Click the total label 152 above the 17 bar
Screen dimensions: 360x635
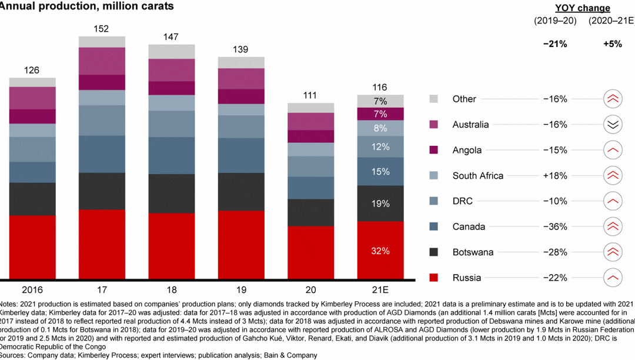(x=102, y=28)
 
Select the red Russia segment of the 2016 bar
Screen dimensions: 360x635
(x=32, y=246)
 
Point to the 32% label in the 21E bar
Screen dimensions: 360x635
(x=380, y=251)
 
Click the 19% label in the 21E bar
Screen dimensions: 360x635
(x=380, y=204)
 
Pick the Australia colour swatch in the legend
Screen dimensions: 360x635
(x=434, y=125)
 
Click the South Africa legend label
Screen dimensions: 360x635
(x=477, y=175)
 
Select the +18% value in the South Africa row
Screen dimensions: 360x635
(x=554, y=175)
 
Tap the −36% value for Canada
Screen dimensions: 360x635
(x=554, y=226)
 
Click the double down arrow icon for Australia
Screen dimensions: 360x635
(x=613, y=125)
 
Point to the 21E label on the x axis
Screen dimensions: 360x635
(x=380, y=290)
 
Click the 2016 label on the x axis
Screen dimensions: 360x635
(x=32, y=290)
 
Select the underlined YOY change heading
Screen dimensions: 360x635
(x=583, y=8)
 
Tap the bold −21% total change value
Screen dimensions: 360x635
(x=554, y=44)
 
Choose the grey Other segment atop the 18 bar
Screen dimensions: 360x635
(x=171, y=51)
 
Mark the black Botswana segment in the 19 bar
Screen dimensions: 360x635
(x=241, y=191)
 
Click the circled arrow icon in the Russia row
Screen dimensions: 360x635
(x=613, y=278)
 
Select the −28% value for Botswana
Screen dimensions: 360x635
(x=554, y=252)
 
